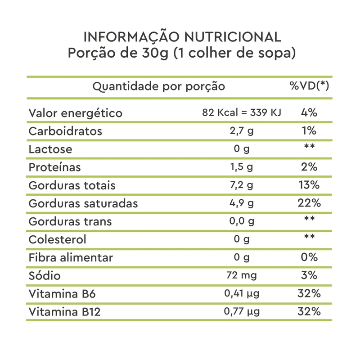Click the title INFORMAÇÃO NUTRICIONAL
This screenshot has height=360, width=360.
point(182,37)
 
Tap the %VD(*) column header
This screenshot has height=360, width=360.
point(309,86)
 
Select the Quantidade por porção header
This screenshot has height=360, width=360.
point(158,86)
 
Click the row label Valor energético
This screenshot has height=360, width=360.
point(76,113)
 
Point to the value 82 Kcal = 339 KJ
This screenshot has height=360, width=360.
point(242,112)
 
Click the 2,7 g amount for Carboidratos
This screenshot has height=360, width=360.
point(242,131)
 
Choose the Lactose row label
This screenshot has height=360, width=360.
point(50,149)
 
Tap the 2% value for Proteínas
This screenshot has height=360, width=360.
point(309,167)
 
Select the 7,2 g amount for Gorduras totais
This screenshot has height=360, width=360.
point(242,185)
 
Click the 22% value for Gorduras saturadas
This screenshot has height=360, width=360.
point(309,203)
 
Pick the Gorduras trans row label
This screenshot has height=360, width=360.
point(70,221)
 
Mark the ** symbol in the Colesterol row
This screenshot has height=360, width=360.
point(309,237)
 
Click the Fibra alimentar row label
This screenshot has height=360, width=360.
point(71,257)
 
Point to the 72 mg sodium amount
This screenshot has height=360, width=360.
point(242,275)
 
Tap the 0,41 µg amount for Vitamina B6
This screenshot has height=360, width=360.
point(242,293)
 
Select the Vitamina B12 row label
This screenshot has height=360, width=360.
point(64,311)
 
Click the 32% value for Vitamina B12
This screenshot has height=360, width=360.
point(309,311)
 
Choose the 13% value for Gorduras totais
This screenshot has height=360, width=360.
point(309,185)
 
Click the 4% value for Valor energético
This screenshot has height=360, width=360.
point(309,112)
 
